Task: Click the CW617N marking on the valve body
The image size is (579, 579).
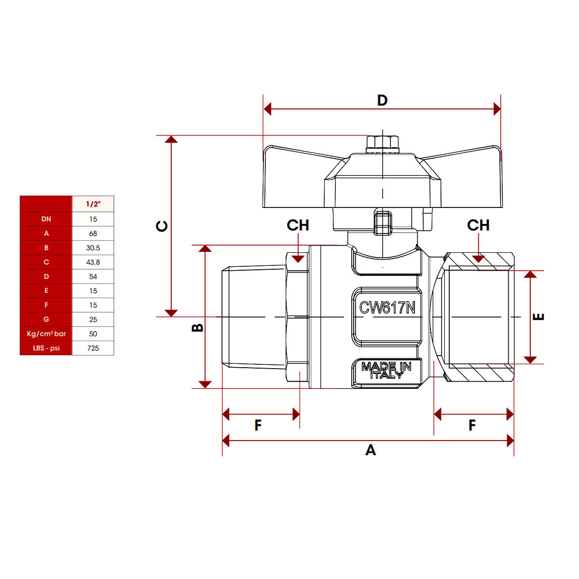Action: tap(387, 307)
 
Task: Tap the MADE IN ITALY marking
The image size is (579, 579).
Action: tap(386, 371)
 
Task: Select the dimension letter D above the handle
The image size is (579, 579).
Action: tap(382, 100)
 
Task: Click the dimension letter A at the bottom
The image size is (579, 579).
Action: tap(370, 450)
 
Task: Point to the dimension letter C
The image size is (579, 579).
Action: tap(162, 226)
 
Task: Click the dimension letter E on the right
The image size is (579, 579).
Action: tap(538, 317)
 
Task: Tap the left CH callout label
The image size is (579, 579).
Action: tap(298, 225)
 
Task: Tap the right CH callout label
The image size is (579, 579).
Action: tap(478, 225)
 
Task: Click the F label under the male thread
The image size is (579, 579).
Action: tap(258, 425)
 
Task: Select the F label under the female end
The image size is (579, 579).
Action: tap(472, 425)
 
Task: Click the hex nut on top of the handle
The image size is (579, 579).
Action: tap(382, 143)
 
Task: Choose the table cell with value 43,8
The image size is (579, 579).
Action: tap(93, 262)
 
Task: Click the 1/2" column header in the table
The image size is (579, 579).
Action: tap(93, 204)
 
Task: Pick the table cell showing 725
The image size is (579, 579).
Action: tap(93, 348)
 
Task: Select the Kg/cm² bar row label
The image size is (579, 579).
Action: tap(46, 333)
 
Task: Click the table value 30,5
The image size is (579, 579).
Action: tap(93, 248)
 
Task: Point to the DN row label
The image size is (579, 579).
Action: tap(46, 219)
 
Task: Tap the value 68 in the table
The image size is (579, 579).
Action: tap(93, 234)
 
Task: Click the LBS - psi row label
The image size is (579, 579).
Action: tap(46, 348)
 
